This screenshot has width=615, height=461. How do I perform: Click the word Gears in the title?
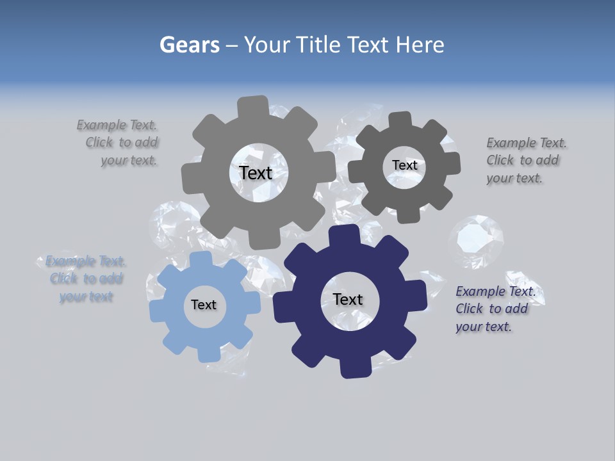pyautogui.click(x=189, y=45)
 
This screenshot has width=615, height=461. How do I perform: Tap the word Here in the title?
pyautogui.click(x=420, y=45)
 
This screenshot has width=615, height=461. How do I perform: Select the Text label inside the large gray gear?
pyautogui.click(x=256, y=173)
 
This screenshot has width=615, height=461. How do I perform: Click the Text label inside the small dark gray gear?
pyautogui.click(x=404, y=165)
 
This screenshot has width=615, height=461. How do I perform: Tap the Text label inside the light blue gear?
pyautogui.click(x=204, y=305)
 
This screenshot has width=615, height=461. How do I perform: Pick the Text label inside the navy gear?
pyautogui.click(x=348, y=299)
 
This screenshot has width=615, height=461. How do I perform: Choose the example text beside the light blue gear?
pyautogui.click(x=85, y=279)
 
